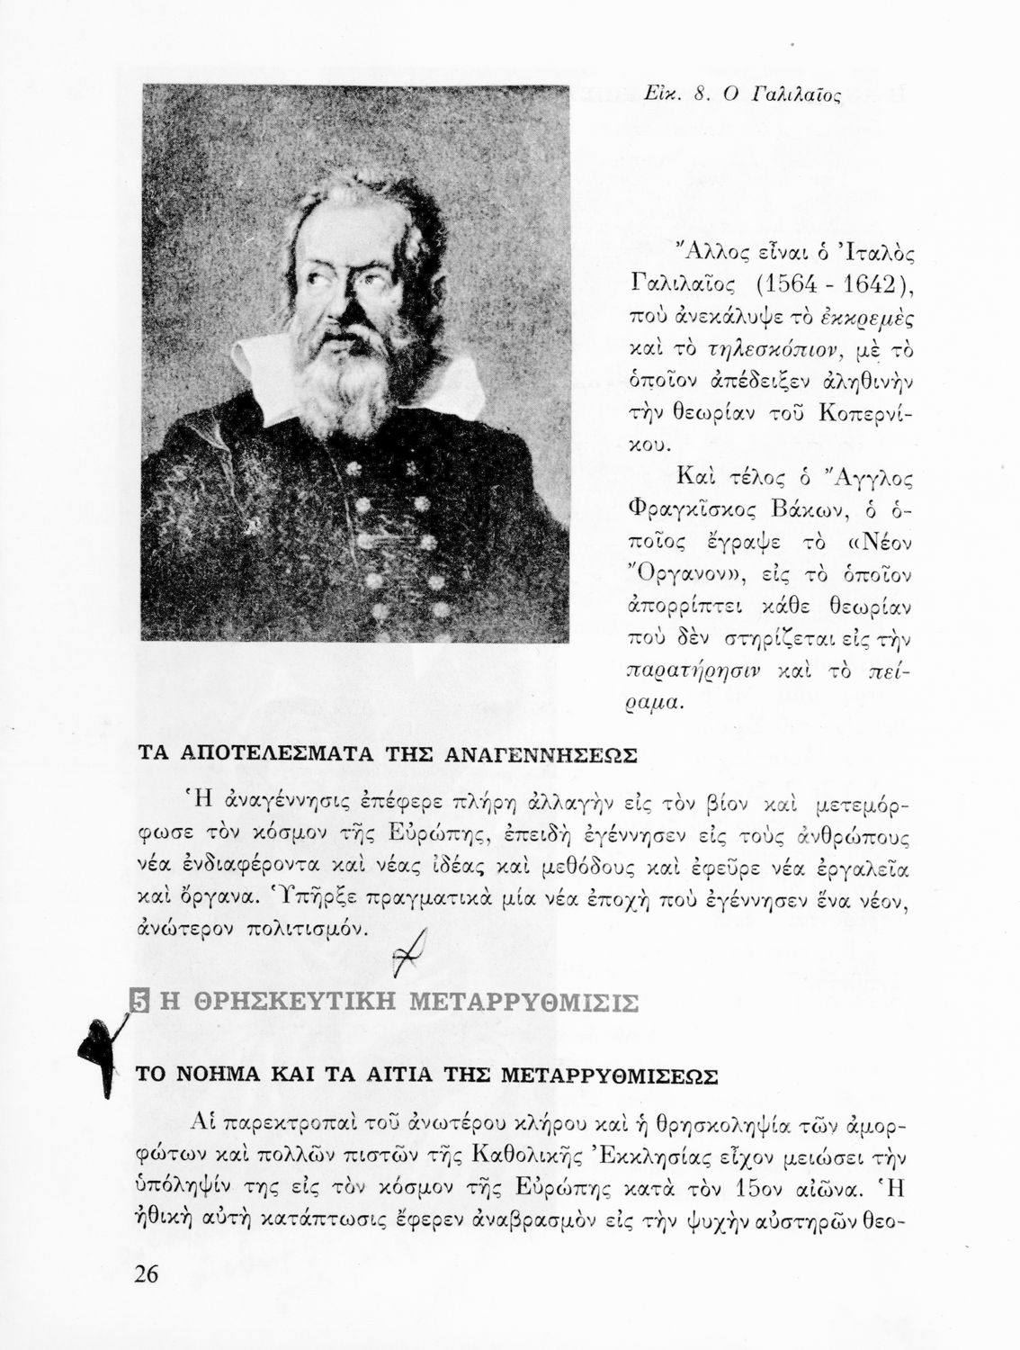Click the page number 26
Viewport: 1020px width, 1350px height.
point(146,1274)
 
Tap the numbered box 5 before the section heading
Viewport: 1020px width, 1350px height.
point(139,1001)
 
